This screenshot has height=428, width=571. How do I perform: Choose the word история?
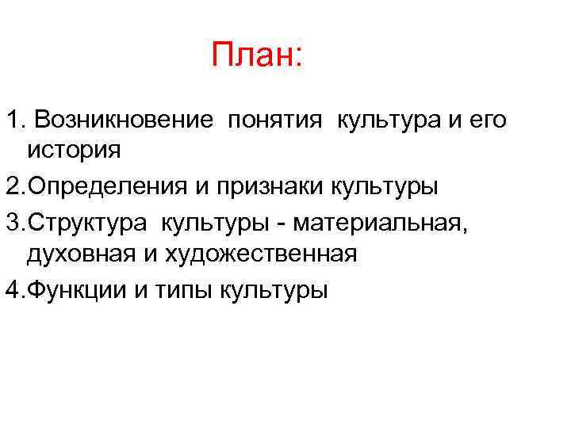(x=74, y=148)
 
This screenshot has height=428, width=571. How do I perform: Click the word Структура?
(x=91, y=224)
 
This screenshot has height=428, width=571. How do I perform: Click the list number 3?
(x=12, y=224)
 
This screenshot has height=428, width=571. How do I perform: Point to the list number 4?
(x=12, y=290)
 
